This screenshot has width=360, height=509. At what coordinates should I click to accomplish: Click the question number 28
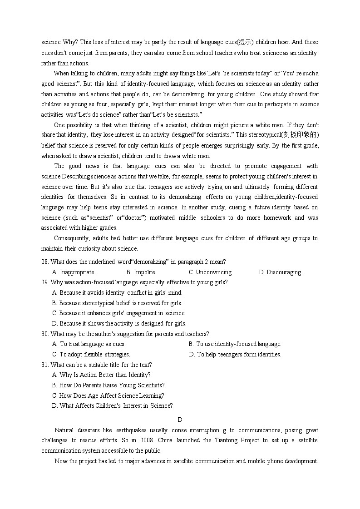coord(45,262)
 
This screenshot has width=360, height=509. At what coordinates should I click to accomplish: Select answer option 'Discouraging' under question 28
coord(280,272)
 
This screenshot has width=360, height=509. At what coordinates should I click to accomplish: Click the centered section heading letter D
coord(180,420)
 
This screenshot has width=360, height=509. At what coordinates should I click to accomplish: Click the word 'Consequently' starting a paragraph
coord(72,238)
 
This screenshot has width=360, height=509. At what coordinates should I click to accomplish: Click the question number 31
coord(45,365)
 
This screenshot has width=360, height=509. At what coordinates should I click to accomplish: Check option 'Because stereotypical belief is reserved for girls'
coord(117,303)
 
